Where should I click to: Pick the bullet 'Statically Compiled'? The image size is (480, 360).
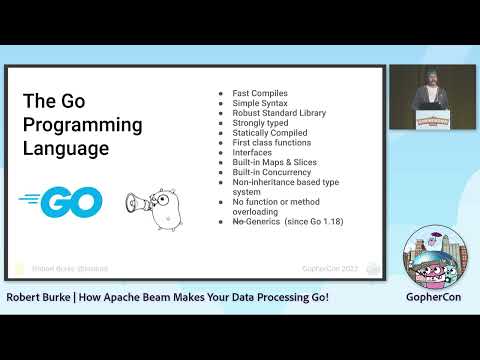point(264,137)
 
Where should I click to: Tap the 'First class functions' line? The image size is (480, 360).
point(266,148)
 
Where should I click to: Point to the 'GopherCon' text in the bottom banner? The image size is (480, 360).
point(432,298)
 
